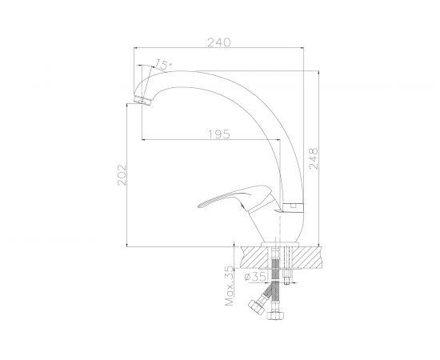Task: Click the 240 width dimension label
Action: (219, 42)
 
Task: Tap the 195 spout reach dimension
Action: (219, 134)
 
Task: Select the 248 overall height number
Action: (314, 158)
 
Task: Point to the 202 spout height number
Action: (122, 175)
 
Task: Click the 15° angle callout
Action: (163, 64)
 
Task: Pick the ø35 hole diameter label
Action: (255, 277)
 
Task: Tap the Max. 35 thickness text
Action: (230, 286)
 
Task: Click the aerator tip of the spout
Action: (142, 100)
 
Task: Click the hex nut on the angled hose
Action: (256, 306)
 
